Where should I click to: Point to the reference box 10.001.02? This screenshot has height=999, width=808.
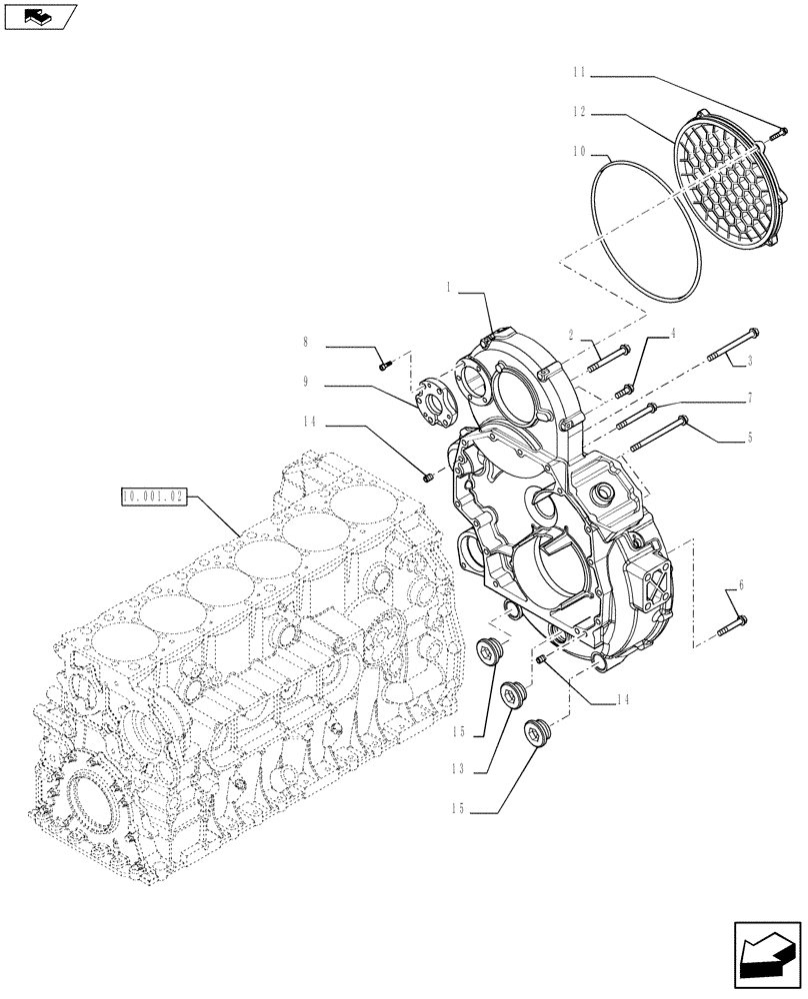tap(153, 496)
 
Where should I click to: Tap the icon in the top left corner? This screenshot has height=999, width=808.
tap(40, 16)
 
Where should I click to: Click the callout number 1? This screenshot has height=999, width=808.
tap(451, 287)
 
